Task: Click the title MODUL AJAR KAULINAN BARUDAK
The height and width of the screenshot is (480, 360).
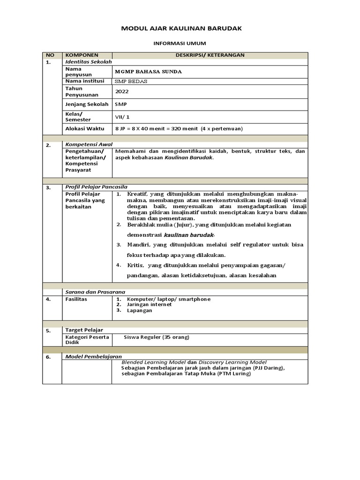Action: [x=181, y=29]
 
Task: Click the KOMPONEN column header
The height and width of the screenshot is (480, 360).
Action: [x=82, y=55]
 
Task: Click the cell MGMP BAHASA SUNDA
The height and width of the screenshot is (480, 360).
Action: [x=148, y=72]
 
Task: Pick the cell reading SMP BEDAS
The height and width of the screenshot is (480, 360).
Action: [x=131, y=81]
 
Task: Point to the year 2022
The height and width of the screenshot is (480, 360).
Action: [x=121, y=91]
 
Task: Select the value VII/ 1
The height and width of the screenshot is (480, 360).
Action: [x=122, y=117]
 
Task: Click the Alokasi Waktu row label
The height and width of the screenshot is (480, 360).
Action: [x=85, y=128]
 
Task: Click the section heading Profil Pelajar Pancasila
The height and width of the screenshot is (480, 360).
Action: [x=96, y=187]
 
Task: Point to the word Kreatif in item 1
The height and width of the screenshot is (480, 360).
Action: [x=137, y=194]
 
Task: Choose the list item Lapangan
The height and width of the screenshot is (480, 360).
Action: [x=139, y=310]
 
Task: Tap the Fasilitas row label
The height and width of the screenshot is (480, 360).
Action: [x=76, y=299]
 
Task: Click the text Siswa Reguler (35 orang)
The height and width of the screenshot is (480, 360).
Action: [x=157, y=337]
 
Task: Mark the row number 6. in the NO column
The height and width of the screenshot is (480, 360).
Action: [x=48, y=357]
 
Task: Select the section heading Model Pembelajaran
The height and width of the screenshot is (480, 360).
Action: [x=94, y=357]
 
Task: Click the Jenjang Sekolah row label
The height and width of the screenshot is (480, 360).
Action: [x=87, y=104]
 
